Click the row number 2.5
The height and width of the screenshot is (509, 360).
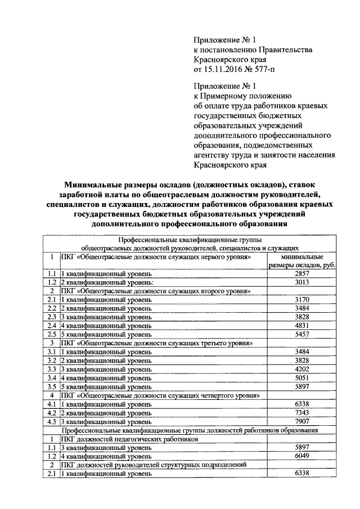tap(51, 334)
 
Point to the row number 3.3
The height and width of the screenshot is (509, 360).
tap(51, 369)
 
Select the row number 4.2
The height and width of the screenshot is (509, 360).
tap(51, 413)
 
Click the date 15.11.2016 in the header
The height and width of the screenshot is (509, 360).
tap(225, 69)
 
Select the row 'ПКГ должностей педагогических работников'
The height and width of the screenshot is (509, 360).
tap(129, 439)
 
